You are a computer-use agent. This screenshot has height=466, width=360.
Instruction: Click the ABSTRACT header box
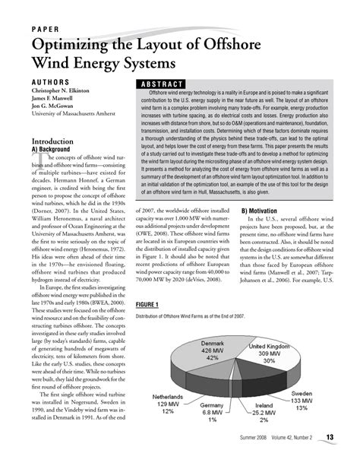(x=161, y=84)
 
